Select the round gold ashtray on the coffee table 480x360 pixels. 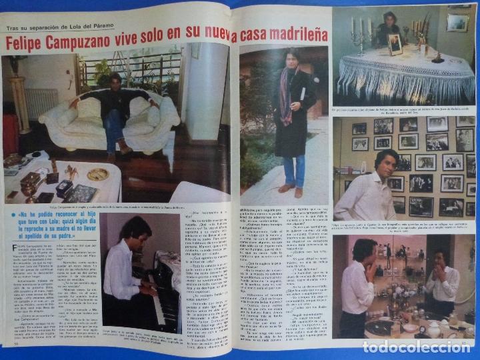click(97, 174)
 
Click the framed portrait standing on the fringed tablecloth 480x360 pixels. click(396, 44)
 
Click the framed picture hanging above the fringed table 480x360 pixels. click(457, 22)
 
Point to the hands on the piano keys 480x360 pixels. click(148, 291)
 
